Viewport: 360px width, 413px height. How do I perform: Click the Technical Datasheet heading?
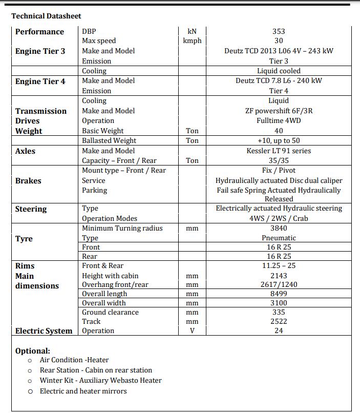(x=46, y=16)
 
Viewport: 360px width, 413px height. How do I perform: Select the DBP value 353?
(x=279, y=31)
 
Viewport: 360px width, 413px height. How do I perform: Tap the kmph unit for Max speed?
(x=192, y=40)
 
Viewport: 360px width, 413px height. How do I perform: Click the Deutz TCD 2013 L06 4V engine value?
(x=279, y=51)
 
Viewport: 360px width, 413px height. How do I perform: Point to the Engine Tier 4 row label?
(x=40, y=81)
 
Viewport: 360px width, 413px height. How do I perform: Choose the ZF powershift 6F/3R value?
(x=279, y=111)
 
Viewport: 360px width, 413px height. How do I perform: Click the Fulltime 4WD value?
(x=279, y=120)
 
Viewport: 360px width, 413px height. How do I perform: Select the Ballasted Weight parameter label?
(x=109, y=140)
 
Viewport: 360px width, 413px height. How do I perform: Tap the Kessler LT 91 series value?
(x=279, y=151)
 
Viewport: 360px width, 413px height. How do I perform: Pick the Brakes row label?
(x=28, y=181)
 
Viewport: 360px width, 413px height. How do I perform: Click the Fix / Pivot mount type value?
(x=279, y=170)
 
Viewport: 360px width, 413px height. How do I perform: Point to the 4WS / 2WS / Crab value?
(x=279, y=218)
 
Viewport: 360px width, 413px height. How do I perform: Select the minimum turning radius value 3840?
(x=279, y=228)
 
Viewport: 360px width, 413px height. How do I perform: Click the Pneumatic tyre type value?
(x=279, y=238)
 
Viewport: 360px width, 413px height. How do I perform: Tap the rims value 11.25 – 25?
(x=279, y=265)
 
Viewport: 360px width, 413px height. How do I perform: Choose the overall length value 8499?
(x=279, y=294)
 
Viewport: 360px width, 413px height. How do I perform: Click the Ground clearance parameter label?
(x=110, y=312)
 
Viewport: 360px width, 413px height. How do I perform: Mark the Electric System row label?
(x=44, y=331)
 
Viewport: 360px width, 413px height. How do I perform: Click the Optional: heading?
(x=33, y=351)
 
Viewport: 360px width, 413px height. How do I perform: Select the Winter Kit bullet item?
(x=100, y=380)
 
